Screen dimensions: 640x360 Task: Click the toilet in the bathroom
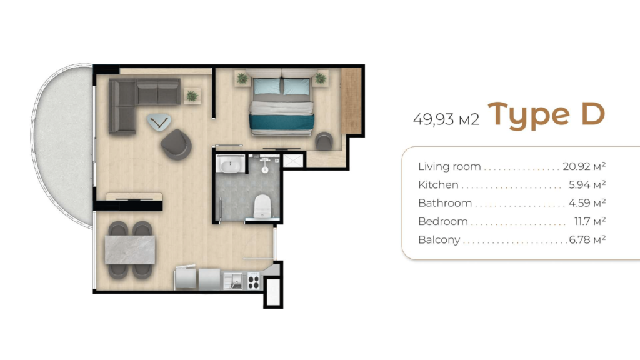pyautogui.click(x=262, y=206)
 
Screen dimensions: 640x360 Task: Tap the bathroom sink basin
pyautogui.click(x=230, y=165)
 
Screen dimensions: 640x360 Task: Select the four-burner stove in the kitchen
pyautogui.click(x=254, y=282)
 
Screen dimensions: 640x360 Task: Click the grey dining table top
pyautogui.click(x=130, y=250)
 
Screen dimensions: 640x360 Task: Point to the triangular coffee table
pyautogui.click(x=159, y=122)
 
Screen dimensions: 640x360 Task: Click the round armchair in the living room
pyautogui.click(x=176, y=144)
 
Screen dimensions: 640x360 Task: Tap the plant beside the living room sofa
pyautogui.click(x=192, y=96)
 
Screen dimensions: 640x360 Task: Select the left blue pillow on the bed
pyautogui.click(x=267, y=86)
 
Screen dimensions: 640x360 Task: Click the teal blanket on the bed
pyautogui.click(x=282, y=122)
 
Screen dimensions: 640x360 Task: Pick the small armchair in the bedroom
pyautogui.click(x=324, y=141)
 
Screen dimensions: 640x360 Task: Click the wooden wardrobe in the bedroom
pyautogui.click(x=351, y=101)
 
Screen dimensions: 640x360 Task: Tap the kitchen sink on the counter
pyautogui.click(x=232, y=281)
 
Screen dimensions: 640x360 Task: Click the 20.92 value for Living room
pyautogui.click(x=576, y=166)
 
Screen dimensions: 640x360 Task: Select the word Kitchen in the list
pyautogui.click(x=438, y=185)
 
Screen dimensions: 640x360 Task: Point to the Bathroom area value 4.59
pyautogui.click(x=579, y=203)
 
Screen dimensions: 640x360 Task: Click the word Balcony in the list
pyautogui.click(x=439, y=240)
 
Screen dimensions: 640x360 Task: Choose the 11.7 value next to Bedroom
pyautogui.click(x=582, y=221)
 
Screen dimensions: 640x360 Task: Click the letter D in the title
pyautogui.click(x=592, y=114)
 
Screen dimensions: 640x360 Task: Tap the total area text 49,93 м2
pyautogui.click(x=446, y=119)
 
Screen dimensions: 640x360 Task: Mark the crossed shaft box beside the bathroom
pyautogui.click(x=294, y=160)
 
